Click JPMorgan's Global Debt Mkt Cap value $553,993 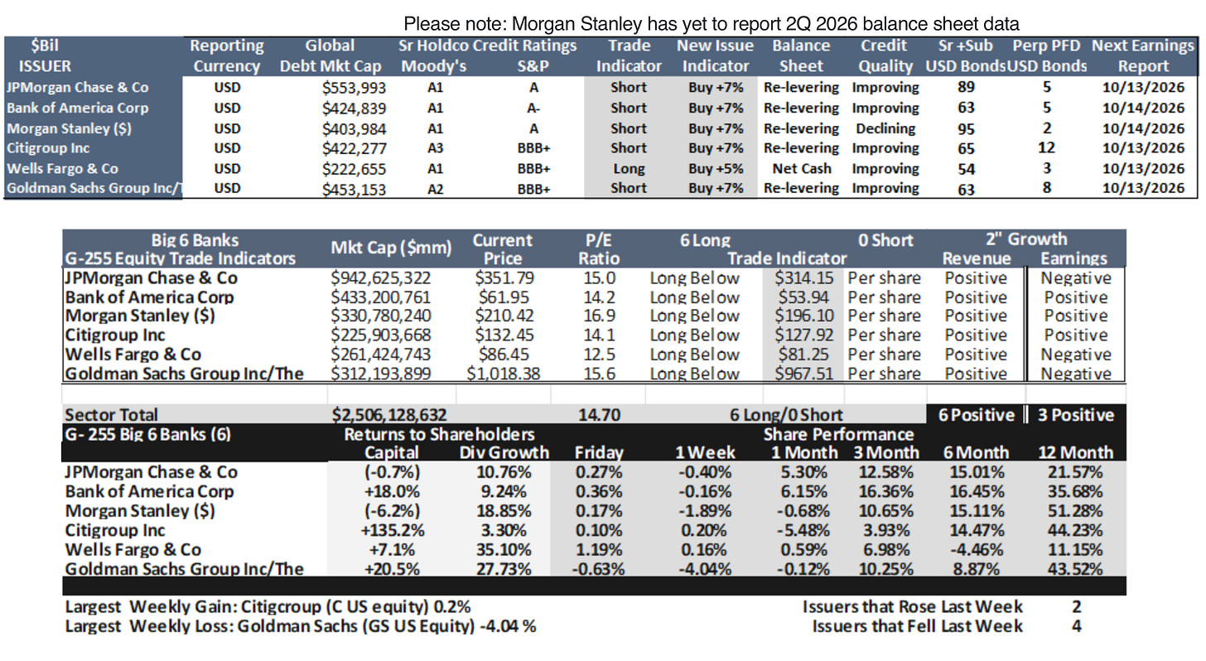point(354,88)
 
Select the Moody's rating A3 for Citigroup point(435,148)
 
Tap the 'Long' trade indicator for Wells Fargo point(629,169)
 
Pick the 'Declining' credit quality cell point(885,128)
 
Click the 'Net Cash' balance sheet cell point(801,168)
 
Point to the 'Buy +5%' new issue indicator point(716,168)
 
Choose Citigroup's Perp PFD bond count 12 point(1046,147)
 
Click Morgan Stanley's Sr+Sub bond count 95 point(966,129)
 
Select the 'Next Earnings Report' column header point(1143,55)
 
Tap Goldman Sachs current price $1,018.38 point(503,374)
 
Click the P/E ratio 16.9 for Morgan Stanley point(599,316)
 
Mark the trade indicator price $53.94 point(803,297)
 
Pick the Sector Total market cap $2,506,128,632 point(388,414)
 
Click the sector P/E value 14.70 point(599,414)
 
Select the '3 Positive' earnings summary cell point(1076,415)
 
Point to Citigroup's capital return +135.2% point(393,530)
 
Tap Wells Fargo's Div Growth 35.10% point(504,549)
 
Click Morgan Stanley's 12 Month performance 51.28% point(1075,511)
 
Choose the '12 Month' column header point(1075,452)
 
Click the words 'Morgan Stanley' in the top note point(576,24)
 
